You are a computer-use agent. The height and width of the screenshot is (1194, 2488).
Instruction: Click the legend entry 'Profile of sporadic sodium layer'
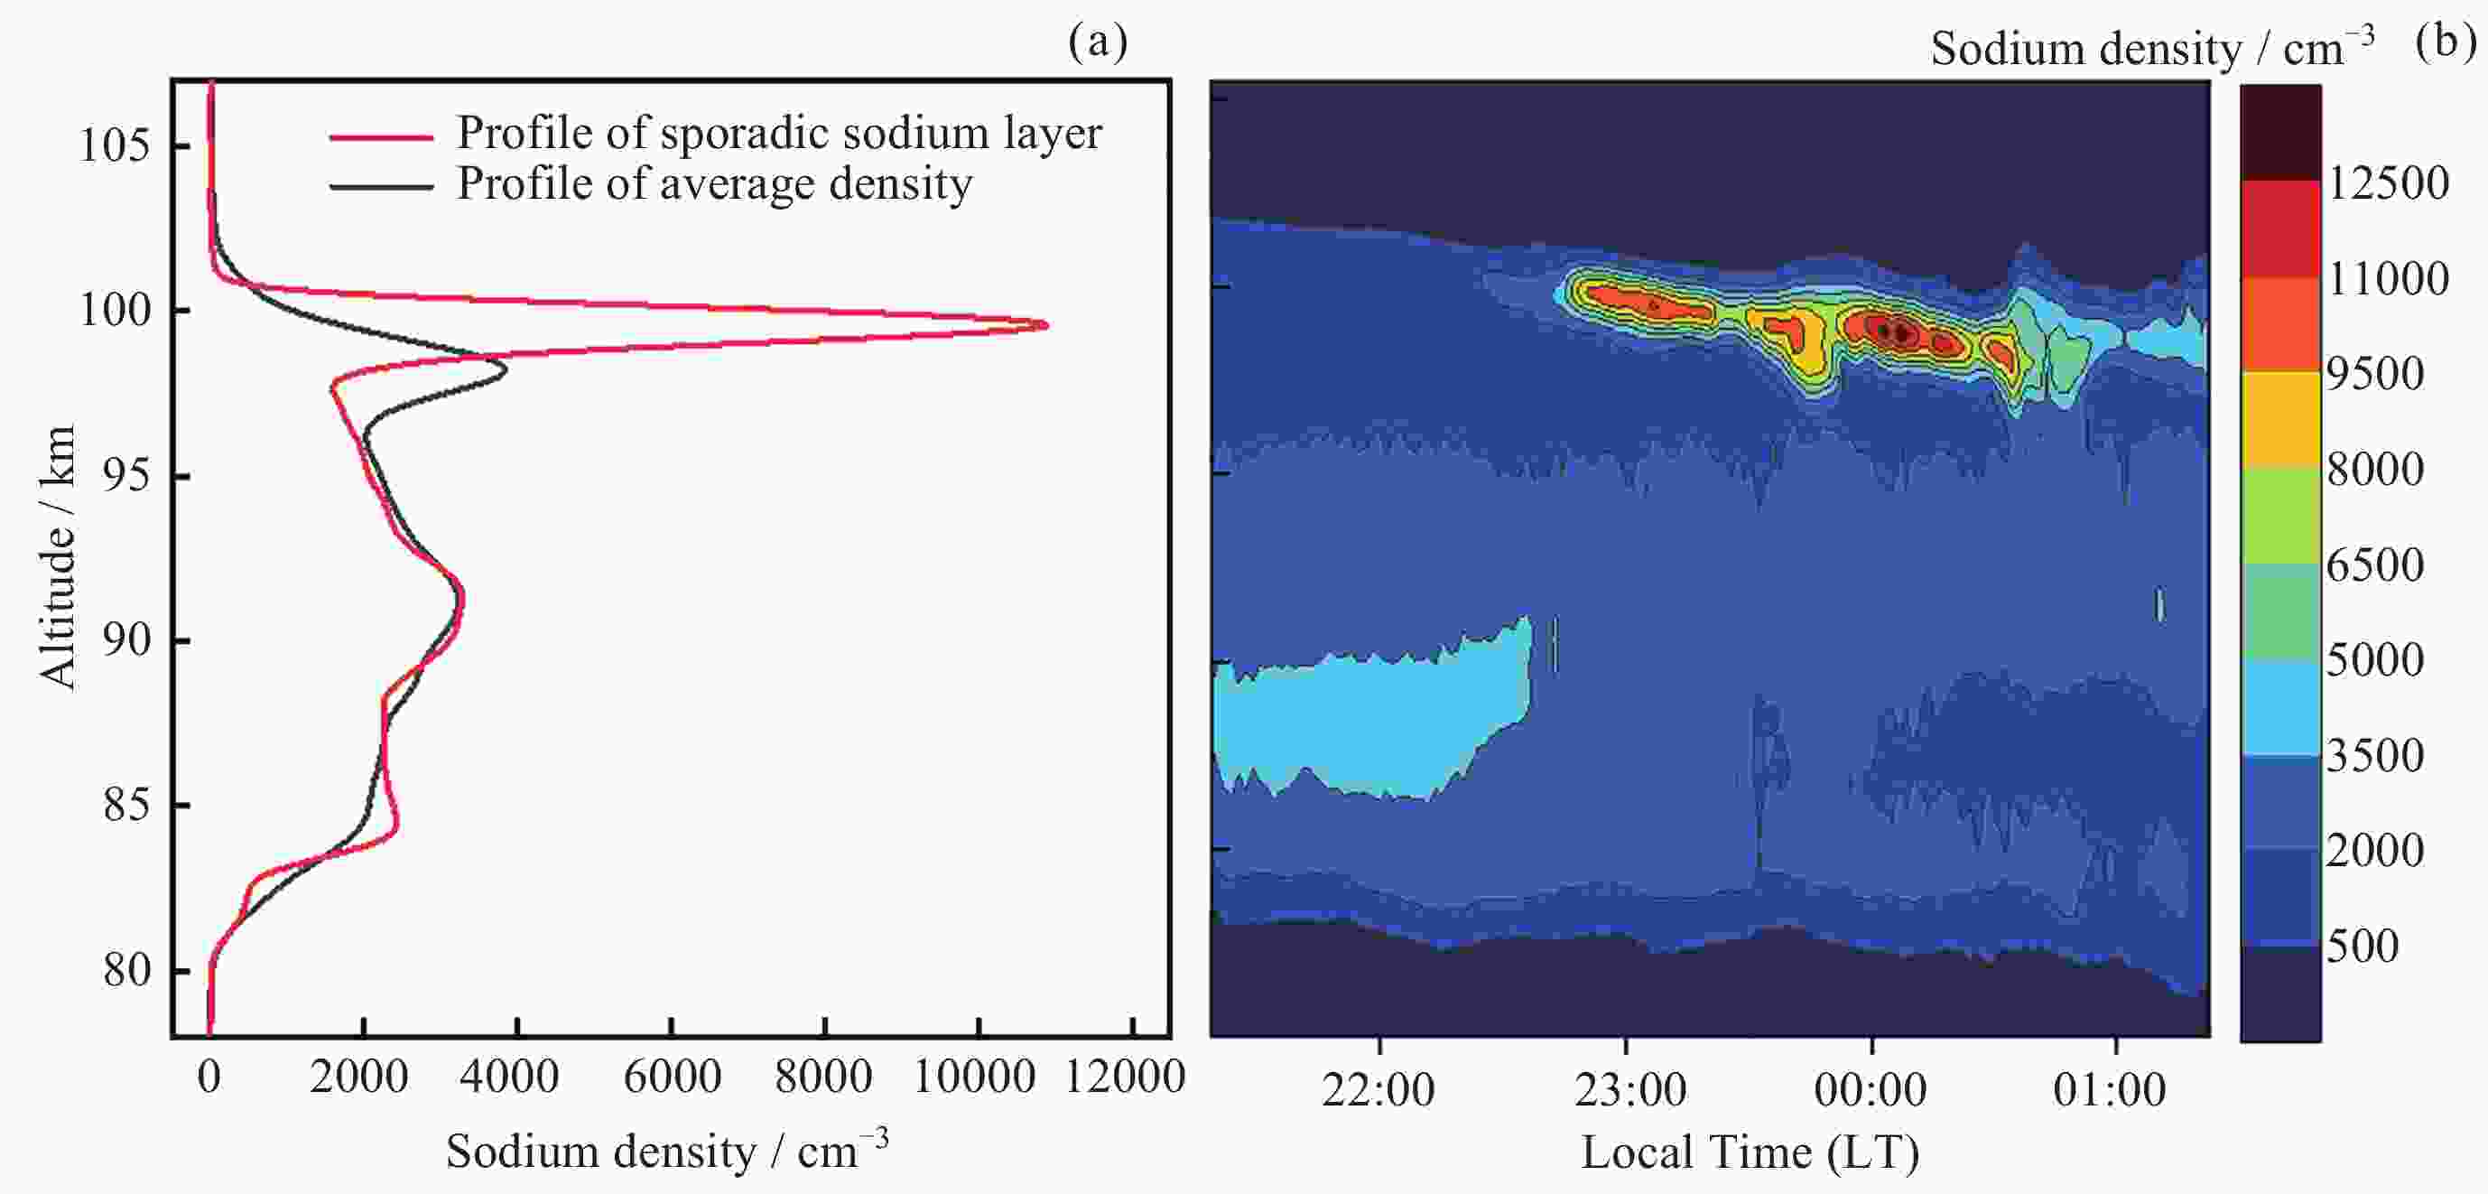pos(778,133)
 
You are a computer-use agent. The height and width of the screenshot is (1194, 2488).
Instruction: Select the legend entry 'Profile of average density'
pos(714,183)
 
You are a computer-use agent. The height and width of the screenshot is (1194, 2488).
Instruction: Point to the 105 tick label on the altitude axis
pos(114,146)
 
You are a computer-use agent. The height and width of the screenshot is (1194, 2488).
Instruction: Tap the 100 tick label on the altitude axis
pos(114,311)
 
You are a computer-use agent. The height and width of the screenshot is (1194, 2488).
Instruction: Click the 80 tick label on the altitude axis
pos(126,970)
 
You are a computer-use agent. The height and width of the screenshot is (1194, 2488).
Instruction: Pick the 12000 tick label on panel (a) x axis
pos(1124,1077)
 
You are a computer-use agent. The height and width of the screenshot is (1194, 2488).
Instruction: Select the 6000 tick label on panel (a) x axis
pos(673,1077)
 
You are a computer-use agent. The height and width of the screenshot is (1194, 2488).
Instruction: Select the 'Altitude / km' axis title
pos(57,557)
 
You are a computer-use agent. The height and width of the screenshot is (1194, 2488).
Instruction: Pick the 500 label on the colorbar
pos(2363,946)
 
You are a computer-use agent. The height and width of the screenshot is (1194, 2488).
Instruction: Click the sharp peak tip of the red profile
pos(1046,325)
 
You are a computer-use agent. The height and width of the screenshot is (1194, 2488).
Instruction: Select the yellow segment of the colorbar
pos(2280,419)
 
